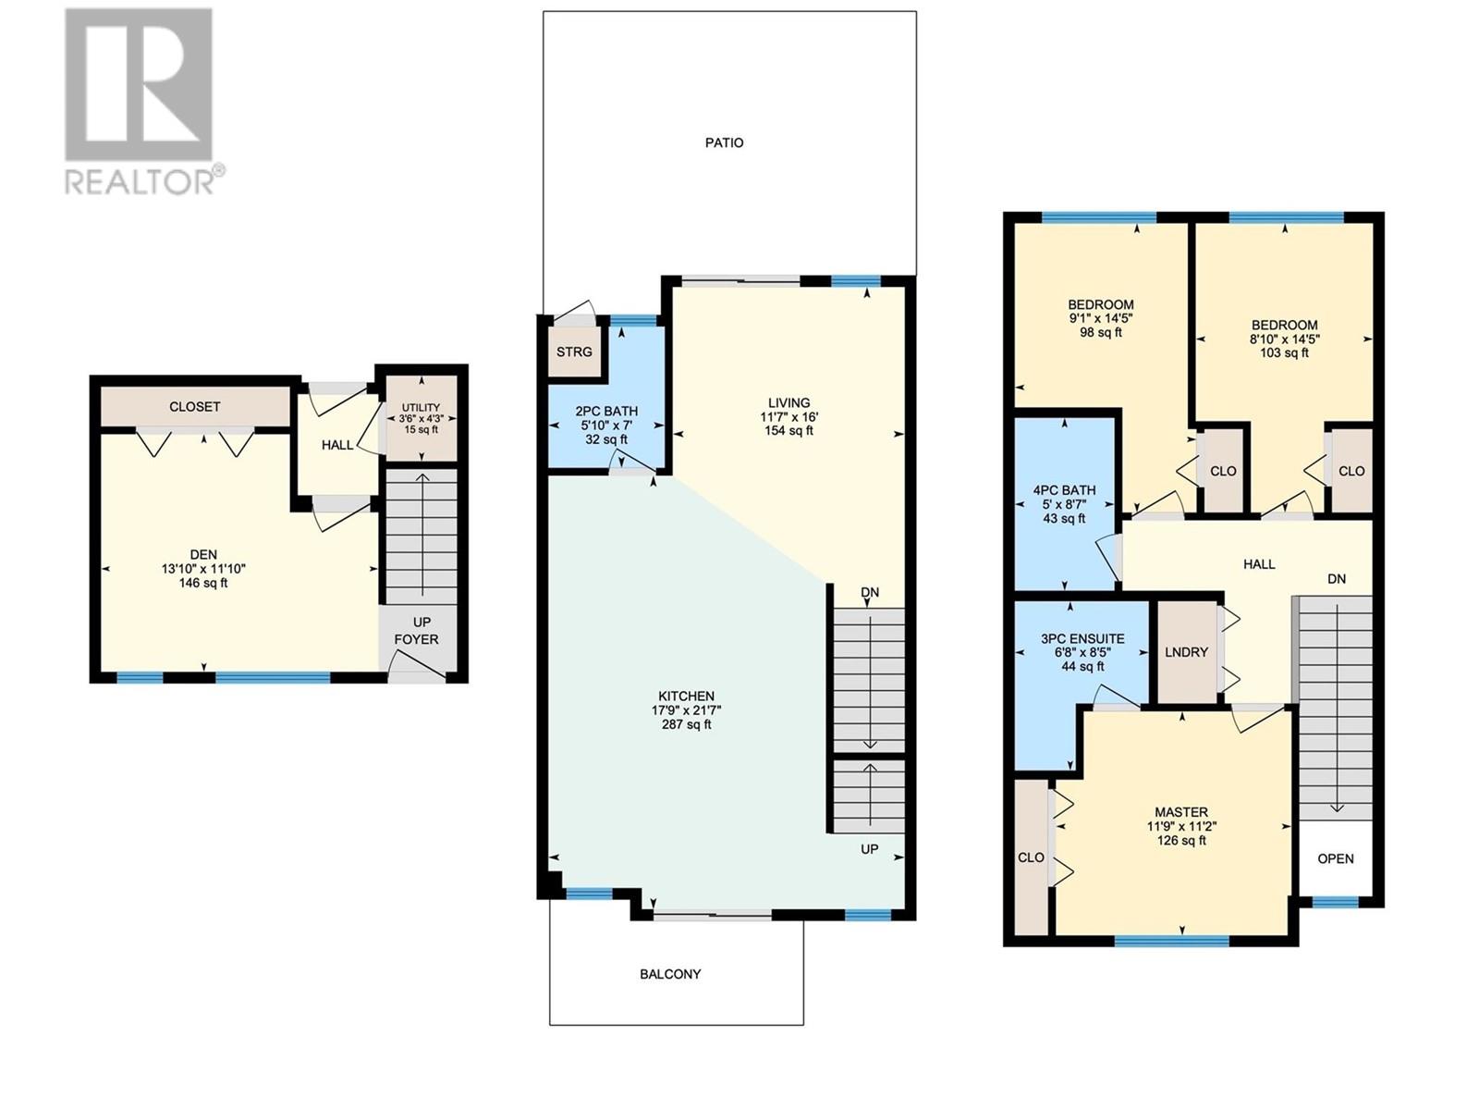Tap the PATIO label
click(725, 142)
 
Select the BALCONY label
click(670, 975)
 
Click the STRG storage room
click(574, 352)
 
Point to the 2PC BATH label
click(606, 411)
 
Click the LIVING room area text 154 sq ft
click(789, 431)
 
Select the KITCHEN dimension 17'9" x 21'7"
click(687, 710)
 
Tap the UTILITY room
click(422, 418)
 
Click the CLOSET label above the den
click(195, 407)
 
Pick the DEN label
click(203, 555)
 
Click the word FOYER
click(416, 639)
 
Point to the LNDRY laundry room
click(1187, 652)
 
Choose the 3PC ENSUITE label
click(1082, 639)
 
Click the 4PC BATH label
click(1065, 490)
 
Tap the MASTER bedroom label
click(1181, 813)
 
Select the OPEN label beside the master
click(1336, 859)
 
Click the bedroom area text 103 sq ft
click(1284, 353)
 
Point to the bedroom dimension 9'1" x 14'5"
click(1101, 318)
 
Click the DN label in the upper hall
click(1337, 579)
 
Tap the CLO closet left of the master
click(1031, 858)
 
